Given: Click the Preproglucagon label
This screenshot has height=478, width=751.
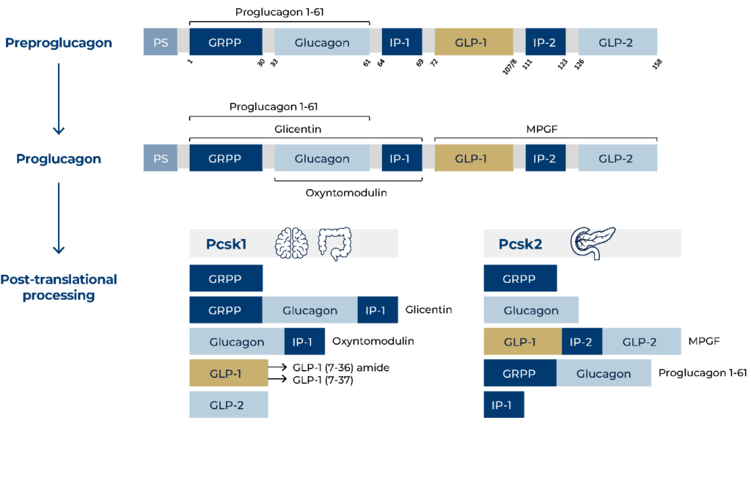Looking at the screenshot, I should click(x=59, y=43).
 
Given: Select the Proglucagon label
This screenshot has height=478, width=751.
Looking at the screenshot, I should click(x=59, y=159).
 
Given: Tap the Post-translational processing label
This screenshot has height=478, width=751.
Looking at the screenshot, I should click(x=59, y=287).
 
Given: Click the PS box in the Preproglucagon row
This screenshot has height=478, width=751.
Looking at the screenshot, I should click(x=161, y=43).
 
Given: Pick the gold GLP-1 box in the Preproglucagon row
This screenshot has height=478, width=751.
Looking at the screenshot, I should click(x=471, y=43).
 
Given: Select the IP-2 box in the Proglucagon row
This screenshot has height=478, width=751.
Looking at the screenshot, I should click(x=545, y=158).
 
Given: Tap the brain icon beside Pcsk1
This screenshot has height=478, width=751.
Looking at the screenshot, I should click(x=291, y=243).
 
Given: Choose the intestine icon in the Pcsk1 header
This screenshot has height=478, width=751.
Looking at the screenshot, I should click(x=334, y=243).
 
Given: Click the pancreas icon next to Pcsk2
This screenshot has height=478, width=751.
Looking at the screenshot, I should click(x=593, y=243).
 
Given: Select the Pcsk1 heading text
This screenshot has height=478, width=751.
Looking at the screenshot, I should click(x=225, y=244).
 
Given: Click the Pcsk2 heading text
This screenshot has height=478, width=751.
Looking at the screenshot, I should click(x=520, y=244).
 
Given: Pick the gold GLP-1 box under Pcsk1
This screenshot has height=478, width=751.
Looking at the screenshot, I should click(x=228, y=374).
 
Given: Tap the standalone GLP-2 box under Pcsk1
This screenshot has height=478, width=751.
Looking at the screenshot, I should click(x=228, y=405).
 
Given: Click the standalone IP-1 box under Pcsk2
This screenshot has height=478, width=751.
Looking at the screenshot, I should click(x=504, y=405).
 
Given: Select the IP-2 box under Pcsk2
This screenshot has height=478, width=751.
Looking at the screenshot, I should click(x=582, y=342).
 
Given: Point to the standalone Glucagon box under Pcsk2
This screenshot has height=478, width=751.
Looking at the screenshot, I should click(x=531, y=310).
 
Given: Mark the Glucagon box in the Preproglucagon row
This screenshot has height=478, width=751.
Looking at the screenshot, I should click(x=322, y=43).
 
